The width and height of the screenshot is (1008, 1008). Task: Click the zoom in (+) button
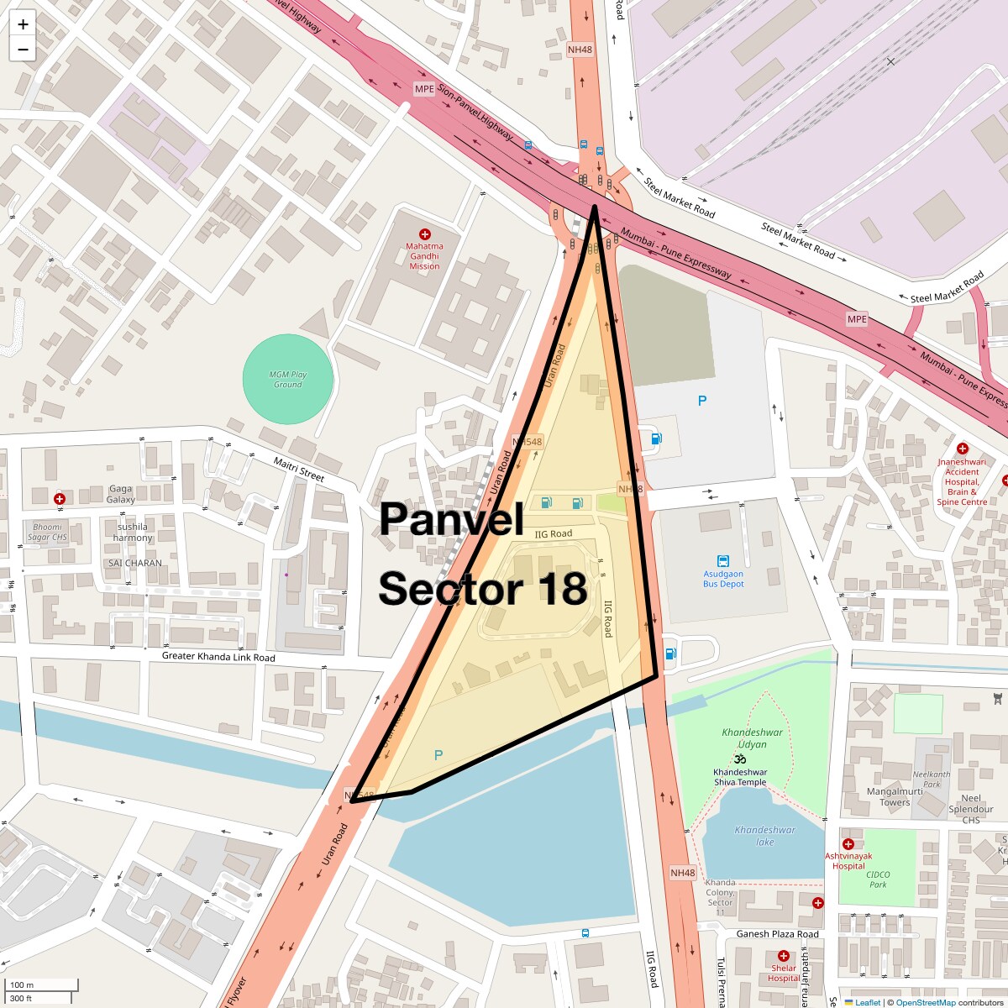pos(23,24)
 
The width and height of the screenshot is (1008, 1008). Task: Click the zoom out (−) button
pos(23,50)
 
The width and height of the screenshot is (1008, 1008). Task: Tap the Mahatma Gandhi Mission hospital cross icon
pos(425,234)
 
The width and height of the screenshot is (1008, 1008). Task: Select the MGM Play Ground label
pos(287,380)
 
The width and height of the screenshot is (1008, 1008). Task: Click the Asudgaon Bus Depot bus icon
pos(723,561)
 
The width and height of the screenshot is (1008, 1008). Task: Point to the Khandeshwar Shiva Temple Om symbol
pos(740,759)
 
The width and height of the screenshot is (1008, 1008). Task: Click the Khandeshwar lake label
pos(764,836)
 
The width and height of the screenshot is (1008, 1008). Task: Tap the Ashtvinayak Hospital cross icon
pos(848,844)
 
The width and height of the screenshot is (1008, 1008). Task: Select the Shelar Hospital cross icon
pos(784,956)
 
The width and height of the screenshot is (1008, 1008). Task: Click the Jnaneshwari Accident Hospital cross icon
pos(963,449)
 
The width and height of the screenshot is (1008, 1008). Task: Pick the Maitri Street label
pos(299,470)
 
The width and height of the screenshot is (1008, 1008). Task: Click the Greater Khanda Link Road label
pos(218,657)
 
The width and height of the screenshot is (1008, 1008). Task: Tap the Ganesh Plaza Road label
pos(778,934)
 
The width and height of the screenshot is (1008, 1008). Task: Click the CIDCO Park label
pos(879,879)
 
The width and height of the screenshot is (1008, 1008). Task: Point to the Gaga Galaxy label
pos(121,494)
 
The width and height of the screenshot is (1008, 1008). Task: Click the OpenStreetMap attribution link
pos(925,1002)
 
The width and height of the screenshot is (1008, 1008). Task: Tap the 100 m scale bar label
pos(22,984)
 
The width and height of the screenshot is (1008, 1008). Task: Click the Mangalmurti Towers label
pos(895,796)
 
